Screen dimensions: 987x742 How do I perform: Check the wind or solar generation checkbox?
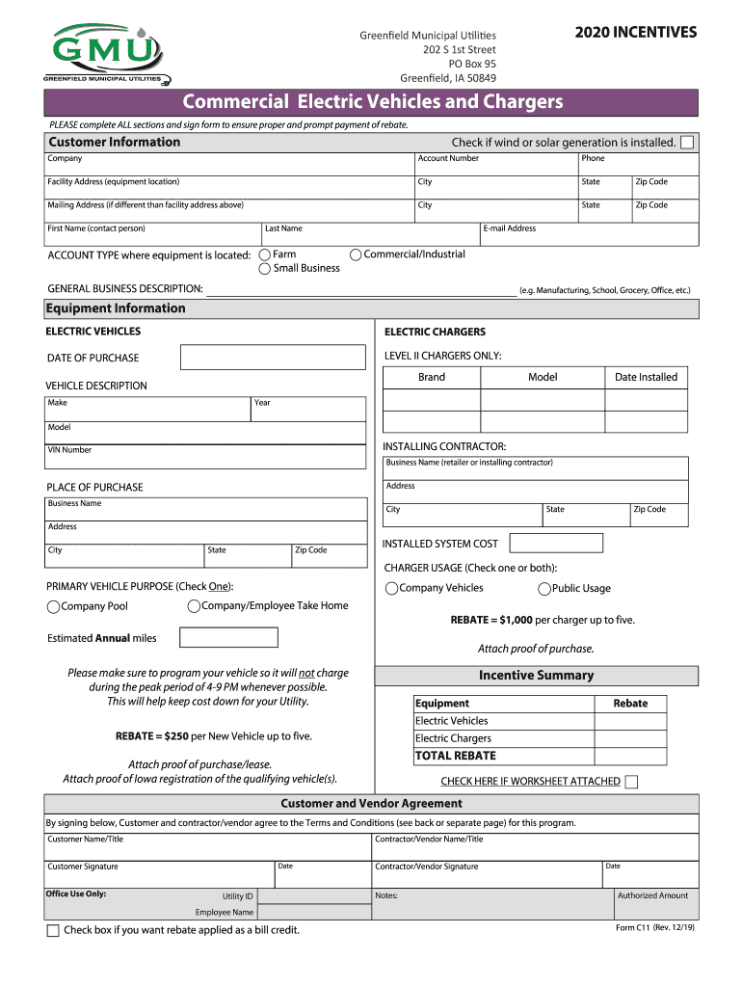(x=686, y=143)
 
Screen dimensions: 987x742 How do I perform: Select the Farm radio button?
(x=265, y=254)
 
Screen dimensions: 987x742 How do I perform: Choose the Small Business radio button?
(x=265, y=269)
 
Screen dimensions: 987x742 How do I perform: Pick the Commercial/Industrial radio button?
(x=356, y=254)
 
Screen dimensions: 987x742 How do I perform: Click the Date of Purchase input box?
(x=274, y=358)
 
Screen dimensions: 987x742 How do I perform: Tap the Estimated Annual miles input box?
(x=228, y=637)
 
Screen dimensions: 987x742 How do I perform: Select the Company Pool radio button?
(x=53, y=606)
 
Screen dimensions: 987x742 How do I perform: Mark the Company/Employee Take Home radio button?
(x=194, y=605)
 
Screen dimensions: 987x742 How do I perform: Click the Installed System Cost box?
(x=555, y=544)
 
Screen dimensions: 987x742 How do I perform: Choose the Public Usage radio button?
(x=544, y=589)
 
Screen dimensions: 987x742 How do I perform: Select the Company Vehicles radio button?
(x=391, y=589)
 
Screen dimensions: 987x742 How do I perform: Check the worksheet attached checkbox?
(x=631, y=782)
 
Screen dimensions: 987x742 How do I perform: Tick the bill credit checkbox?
(x=53, y=930)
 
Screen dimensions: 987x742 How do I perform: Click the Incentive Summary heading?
(x=536, y=676)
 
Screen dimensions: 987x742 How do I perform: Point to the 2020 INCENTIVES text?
(x=636, y=33)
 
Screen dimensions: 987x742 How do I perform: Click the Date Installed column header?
(x=646, y=377)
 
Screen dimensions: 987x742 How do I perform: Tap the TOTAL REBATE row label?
(x=456, y=756)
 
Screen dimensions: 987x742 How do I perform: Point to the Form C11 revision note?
(x=654, y=927)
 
